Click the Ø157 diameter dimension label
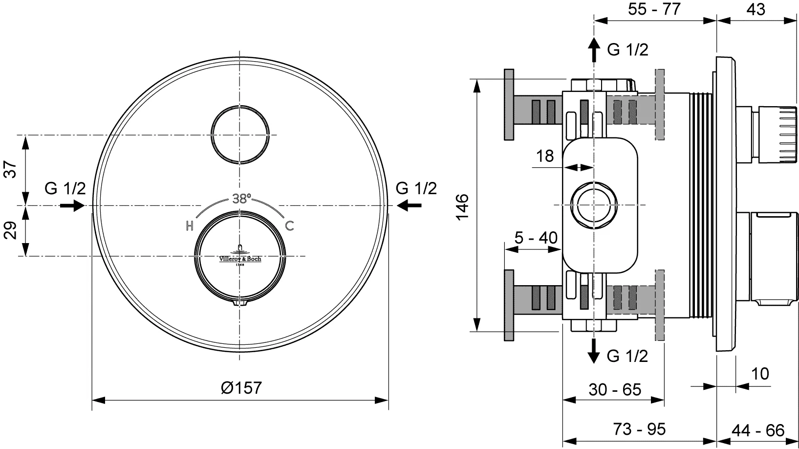tap(241, 387)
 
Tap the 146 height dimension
tap(463, 207)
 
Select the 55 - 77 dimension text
tap(654, 9)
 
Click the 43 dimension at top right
tap(756, 9)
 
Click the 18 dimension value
tap(545, 157)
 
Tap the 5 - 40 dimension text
tap(536, 238)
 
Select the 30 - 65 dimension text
tap(615, 390)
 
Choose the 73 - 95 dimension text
tap(640, 429)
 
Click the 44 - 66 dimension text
tap(758, 430)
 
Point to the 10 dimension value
tap(760, 374)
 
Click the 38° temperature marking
tap(242, 199)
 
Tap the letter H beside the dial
tap(190, 226)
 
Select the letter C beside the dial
tap(289, 226)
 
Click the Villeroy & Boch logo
tap(240, 255)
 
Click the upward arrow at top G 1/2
tap(594, 49)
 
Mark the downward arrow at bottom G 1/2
tap(594, 351)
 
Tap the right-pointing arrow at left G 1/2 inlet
tap(72, 205)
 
